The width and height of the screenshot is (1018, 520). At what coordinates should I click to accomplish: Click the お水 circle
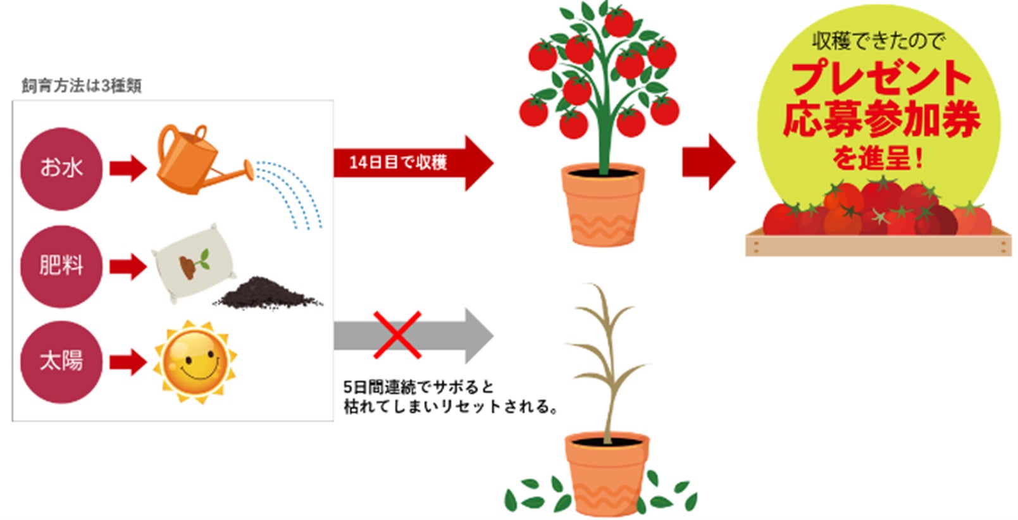[x=61, y=168]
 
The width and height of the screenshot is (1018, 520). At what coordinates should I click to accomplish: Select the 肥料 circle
[x=61, y=266]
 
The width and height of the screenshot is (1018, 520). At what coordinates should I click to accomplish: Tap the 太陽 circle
[x=61, y=362]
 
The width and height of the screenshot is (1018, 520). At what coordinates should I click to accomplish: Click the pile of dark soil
[x=269, y=294]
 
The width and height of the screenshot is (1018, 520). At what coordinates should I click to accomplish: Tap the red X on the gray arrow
[x=397, y=335]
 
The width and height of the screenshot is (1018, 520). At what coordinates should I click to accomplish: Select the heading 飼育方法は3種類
[x=82, y=86]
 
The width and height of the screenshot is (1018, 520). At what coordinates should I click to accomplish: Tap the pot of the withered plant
[x=607, y=471]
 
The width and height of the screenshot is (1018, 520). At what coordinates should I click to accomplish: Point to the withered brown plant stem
[x=606, y=361]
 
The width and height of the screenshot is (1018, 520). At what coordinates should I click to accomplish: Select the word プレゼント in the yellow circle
[x=881, y=79]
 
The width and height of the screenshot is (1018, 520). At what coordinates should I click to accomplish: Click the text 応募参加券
[x=881, y=120]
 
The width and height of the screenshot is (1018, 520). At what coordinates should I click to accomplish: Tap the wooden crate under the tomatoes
[x=878, y=244]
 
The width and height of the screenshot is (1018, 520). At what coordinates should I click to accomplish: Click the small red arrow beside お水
[x=128, y=168]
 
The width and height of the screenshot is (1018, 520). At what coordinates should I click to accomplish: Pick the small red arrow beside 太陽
[x=128, y=362]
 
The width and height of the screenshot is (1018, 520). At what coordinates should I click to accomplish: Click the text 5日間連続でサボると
[x=418, y=387]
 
